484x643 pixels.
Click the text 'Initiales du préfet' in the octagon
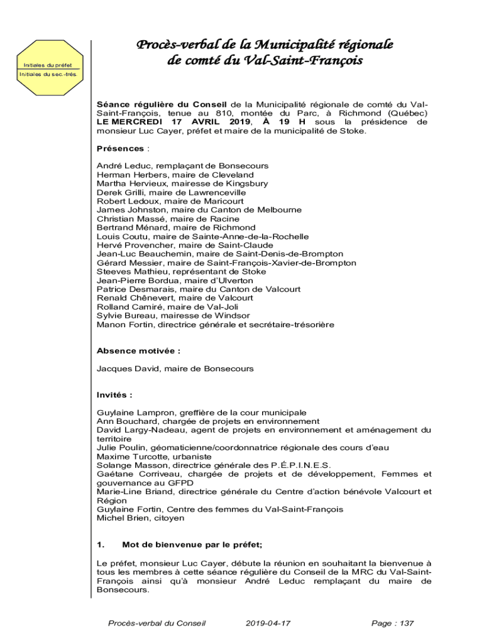(48, 65)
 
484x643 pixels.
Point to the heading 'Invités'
(114, 395)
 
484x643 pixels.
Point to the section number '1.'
(101, 544)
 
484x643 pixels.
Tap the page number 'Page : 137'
(393, 624)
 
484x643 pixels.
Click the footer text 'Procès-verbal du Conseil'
(157, 624)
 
